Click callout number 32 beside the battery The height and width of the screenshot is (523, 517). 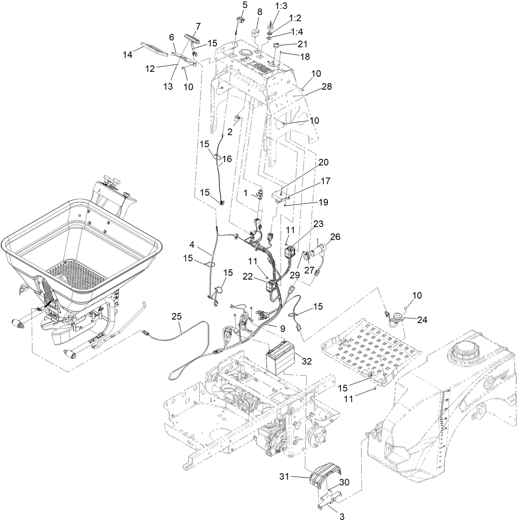(307, 361)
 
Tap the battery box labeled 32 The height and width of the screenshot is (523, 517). (279, 359)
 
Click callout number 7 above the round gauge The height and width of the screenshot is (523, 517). (198, 26)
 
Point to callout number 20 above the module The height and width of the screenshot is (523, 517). (323, 163)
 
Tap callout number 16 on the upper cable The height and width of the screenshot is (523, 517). (228, 158)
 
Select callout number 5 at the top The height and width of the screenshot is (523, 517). (245, 5)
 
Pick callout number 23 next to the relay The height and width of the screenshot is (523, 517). (319, 224)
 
